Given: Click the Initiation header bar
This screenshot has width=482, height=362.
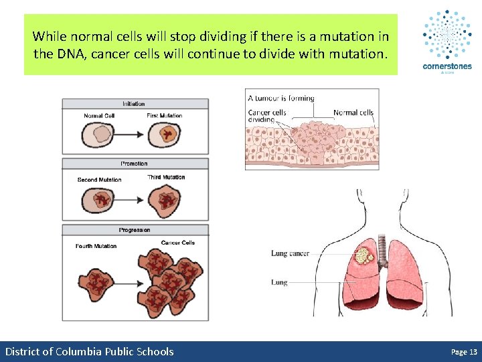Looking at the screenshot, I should tap(135, 104).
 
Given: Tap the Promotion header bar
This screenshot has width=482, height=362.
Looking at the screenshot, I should tap(135, 164).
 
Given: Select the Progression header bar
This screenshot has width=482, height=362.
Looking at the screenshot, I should tap(135, 230).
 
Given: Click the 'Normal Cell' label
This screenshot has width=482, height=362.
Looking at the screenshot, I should tap(98, 116).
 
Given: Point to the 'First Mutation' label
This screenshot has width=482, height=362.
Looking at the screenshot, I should tap(165, 116).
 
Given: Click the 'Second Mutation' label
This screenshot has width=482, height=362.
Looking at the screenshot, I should tap(100, 180).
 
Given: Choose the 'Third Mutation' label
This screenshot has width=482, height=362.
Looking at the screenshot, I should tap(166, 178).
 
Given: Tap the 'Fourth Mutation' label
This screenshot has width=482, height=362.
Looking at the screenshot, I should tap(96, 246).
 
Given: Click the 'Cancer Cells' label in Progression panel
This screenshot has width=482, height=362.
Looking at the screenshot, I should tap(178, 243).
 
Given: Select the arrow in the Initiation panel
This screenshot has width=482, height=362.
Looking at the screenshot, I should tap(129, 135).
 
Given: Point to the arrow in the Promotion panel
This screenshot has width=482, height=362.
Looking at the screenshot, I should tap(129, 200).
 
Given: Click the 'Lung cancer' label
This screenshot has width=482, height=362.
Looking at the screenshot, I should tap(290, 253).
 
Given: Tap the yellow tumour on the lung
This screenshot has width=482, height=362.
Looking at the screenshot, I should tap(365, 255).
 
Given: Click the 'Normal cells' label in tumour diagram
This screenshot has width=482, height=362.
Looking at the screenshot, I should tap(353, 113).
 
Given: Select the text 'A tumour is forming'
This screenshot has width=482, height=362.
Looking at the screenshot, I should tap(281, 98).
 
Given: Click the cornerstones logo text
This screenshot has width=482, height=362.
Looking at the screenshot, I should tap(447, 66).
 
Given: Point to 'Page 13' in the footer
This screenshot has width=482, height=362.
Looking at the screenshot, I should tap(464, 351).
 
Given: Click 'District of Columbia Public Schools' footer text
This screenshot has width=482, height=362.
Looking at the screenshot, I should tap(89, 351).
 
